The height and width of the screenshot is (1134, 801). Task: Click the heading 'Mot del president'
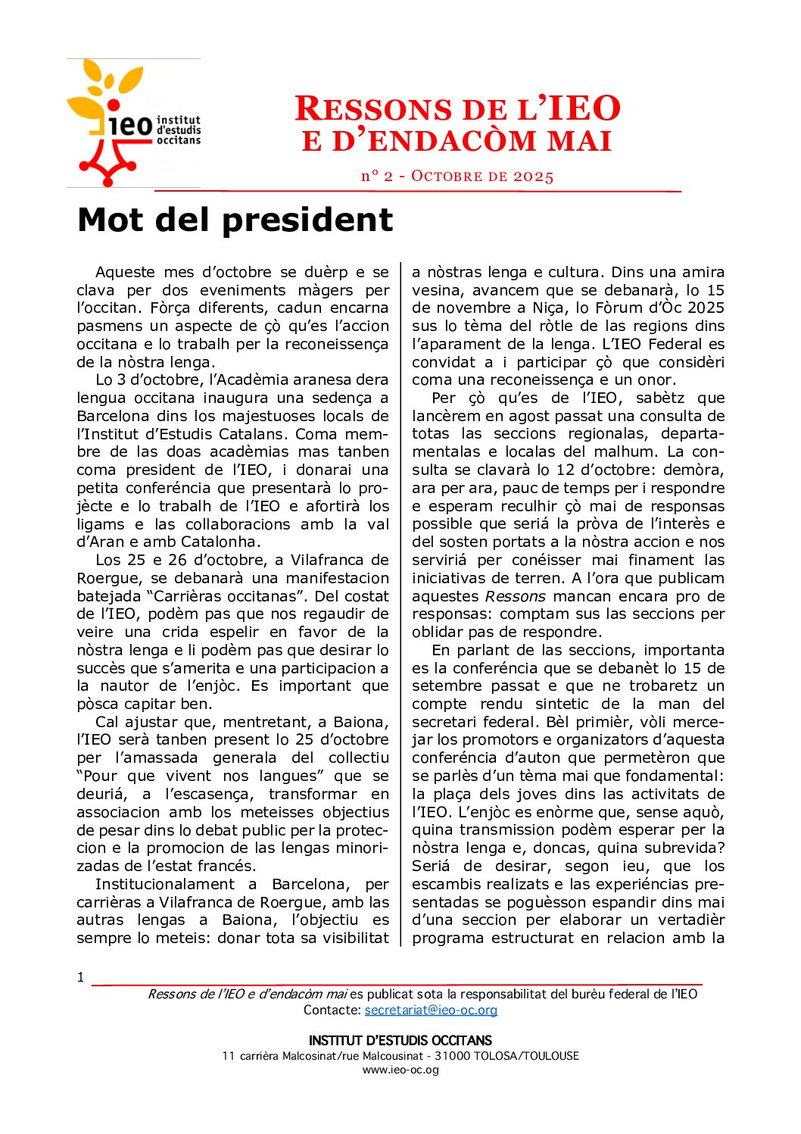(x=235, y=220)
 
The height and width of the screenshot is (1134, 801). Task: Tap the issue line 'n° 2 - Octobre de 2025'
(x=457, y=177)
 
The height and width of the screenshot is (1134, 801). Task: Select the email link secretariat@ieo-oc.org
(x=431, y=1010)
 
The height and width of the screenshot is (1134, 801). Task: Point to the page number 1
(x=80, y=977)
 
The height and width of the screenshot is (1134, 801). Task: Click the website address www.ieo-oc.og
(x=400, y=1070)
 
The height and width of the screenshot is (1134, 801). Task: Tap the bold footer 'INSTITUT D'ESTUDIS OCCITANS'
(x=400, y=1040)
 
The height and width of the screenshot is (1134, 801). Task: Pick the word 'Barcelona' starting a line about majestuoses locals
(x=113, y=416)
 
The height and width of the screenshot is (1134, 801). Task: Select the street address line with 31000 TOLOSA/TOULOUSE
(x=400, y=1056)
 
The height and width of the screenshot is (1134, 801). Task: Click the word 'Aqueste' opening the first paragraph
(x=125, y=272)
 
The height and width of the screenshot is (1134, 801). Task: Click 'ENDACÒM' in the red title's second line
(x=447, y=142)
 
